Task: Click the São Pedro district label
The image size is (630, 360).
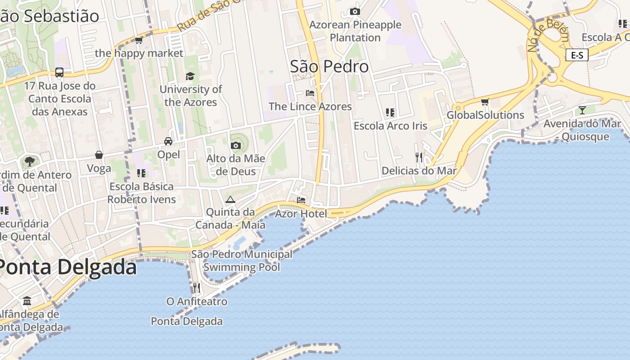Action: [329, 67]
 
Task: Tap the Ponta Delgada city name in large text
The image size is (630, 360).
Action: [67, 267]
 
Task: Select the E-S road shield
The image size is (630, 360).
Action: [577, 55]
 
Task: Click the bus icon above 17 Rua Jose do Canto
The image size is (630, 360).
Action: [59, 72]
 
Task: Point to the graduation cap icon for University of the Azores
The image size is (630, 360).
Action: [190, 76]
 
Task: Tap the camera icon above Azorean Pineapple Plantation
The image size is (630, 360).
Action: [355, 11]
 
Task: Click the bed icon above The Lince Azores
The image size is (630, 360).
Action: [310, 93]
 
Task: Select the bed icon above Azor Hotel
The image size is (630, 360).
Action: [301, 200]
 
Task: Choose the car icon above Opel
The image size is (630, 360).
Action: [168, 141]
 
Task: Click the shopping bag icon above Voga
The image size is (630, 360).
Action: [99, 155]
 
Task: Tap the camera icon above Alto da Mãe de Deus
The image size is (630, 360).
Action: [235, 145]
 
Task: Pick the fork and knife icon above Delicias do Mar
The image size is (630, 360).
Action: [419, 157]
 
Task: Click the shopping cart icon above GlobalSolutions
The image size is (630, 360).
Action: [485, 102]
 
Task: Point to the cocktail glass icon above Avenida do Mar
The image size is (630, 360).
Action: [582, 110]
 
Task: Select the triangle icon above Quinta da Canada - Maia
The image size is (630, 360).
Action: [230, 199]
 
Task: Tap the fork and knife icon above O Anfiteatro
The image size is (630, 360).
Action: [197, 288]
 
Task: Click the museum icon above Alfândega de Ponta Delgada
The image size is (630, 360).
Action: [27, 301]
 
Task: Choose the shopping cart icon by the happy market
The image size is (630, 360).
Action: [139, 40]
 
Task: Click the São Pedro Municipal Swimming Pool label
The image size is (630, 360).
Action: [242, 261]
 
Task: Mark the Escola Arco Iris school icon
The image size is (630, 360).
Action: [390, 112]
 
